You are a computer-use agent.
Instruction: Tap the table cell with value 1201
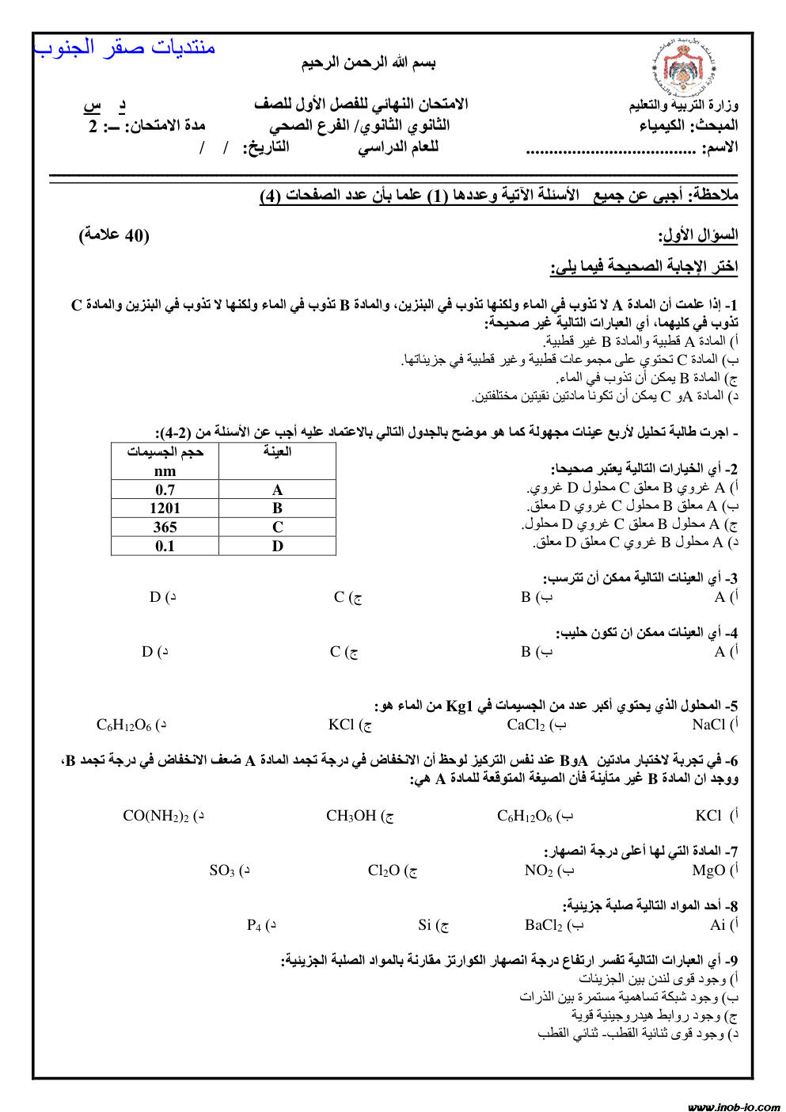click(x=165, y=508)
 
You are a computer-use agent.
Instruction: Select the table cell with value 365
click(x=165, y=527)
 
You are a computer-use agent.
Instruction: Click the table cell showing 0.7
click(x=165, y=490)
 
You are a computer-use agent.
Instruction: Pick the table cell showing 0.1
click(x=165, y=546)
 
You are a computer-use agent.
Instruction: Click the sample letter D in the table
click(x=277, y=546)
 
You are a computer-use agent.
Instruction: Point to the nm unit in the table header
click(x=165, y=470)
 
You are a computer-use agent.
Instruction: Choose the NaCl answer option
click(x=708, y=724)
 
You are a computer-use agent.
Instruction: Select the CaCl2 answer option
click(x=526, y=725)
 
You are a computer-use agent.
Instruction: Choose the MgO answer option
click(x=708, y=870)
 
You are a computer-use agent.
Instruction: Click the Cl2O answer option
click(x=384, y=871)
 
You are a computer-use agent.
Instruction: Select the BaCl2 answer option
click(x=544, y=925)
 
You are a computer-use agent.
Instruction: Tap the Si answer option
click(x=425, y=925)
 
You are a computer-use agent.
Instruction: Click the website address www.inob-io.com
click(x=734, y=1106)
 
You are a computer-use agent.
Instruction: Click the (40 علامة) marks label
click(x=114, y=235)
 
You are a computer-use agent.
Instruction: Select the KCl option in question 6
click(x=708, y=816)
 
